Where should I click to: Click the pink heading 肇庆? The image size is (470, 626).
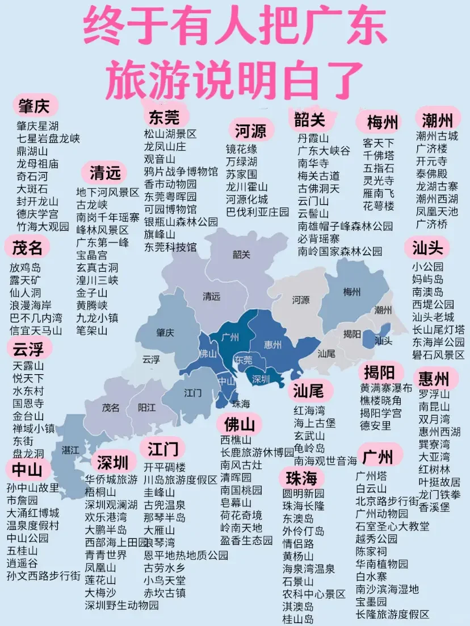(34, 106)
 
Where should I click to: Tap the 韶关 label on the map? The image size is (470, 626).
(241, 254)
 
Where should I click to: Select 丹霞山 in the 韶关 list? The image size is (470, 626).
(313, 138)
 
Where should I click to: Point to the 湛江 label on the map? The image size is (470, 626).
(70, 450)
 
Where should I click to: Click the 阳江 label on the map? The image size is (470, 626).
(146, 407)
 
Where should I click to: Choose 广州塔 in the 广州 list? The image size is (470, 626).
(371, 475)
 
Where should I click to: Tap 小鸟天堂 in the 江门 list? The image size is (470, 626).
(165, 581)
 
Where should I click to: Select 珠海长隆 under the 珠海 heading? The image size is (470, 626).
(304, 505)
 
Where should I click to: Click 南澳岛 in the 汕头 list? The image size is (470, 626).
(428, 292)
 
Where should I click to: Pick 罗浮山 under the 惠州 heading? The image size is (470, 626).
(434, 394)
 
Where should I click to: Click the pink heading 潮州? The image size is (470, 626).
(438, 120)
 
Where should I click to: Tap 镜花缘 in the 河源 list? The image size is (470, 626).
(241, 149)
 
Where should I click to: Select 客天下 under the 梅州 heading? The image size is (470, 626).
(379, 142)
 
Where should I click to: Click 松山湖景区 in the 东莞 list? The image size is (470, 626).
(170, 134)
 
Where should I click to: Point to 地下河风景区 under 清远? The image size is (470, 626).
(108, 192)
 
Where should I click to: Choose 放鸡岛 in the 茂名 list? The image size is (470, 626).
(25, 267)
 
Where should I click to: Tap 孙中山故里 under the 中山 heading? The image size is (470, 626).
(33, 488)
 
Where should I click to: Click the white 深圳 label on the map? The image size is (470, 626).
(261, 379)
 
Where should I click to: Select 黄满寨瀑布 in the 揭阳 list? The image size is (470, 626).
(387, 388)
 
